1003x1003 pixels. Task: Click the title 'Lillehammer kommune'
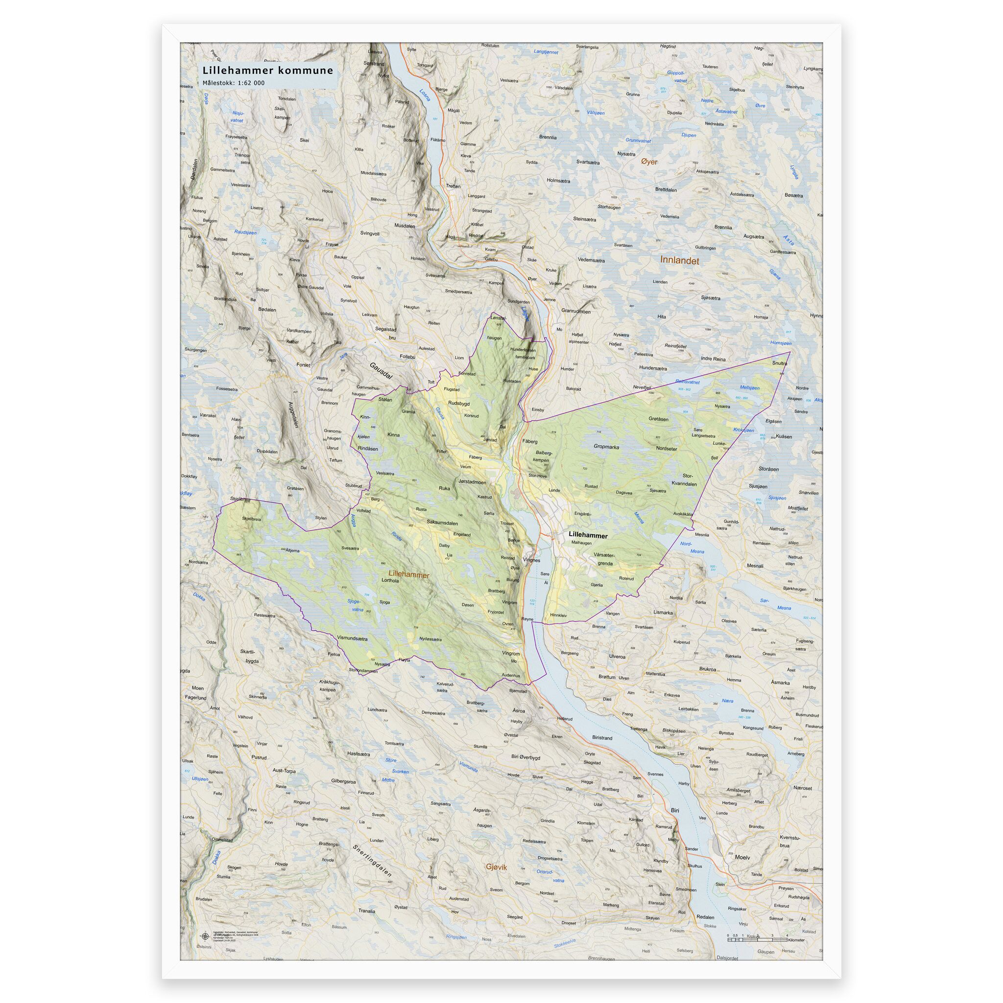267,71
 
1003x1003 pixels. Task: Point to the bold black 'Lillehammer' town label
588,534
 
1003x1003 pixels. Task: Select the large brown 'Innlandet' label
680,261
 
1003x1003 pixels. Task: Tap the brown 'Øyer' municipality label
649,162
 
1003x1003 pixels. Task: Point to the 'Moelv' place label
742,857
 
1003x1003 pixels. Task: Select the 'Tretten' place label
453,186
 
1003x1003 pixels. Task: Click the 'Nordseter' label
667,448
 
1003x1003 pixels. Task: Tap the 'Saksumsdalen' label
442,522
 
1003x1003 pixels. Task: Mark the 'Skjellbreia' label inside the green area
251,518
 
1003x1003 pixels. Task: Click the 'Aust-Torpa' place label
285,771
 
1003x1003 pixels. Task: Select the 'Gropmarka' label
606,447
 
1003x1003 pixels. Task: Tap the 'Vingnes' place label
531,560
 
